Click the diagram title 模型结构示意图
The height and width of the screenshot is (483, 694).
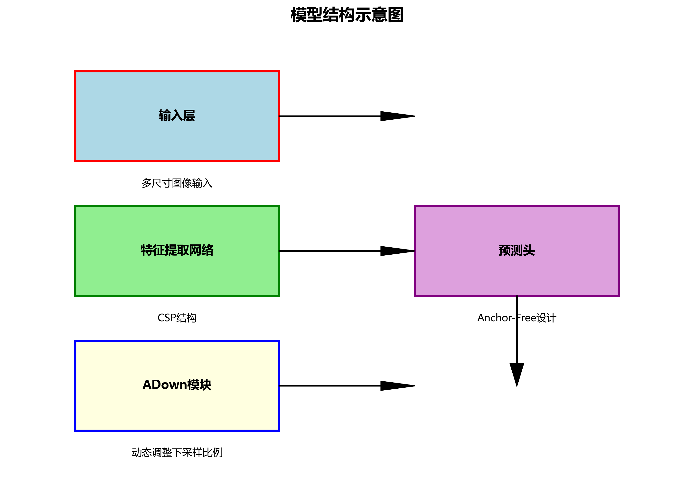click(347, 15)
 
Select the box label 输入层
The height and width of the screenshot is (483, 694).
click(177, 116)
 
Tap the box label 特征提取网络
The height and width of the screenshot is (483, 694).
click(177, 250)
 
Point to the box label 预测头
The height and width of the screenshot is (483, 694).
click(516, 250)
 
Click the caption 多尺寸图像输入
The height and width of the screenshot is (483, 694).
click(177, 183)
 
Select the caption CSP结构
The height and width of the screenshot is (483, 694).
click(177, 318)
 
